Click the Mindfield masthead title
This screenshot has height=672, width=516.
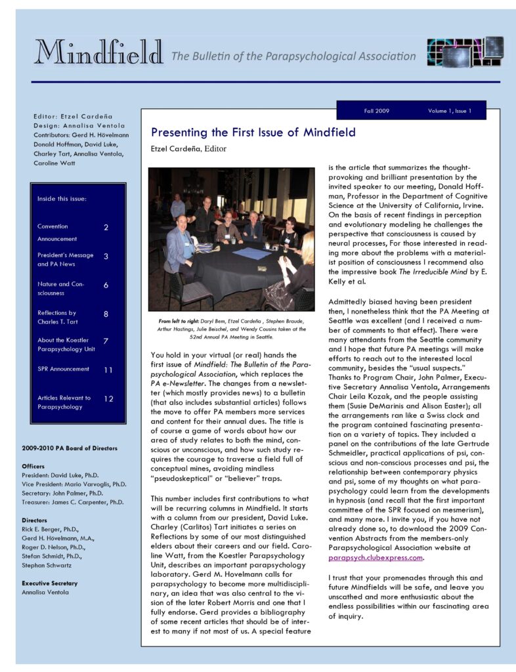coord(98,52)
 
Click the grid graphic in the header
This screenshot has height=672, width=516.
coord(465,53)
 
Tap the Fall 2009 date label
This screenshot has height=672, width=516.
coord(376,111)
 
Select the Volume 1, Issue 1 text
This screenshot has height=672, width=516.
coord(450,111)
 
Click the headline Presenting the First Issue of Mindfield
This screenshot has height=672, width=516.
coord(253,133)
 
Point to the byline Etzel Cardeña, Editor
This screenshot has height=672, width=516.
coord(188,149)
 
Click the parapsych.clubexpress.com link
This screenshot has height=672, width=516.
coord(376,558)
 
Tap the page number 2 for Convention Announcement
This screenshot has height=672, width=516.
coord(106,227)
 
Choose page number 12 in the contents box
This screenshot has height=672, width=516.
coord(108,399)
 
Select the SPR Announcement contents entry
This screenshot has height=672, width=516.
coord(63,369)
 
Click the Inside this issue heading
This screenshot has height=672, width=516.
coord(62,198)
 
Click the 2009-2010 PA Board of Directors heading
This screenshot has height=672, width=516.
coord(70,448)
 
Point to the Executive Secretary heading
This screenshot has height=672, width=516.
coord(50,583)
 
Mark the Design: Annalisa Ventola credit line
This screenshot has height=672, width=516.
coord(79,125)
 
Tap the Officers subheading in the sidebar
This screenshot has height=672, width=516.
coord(33,466)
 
